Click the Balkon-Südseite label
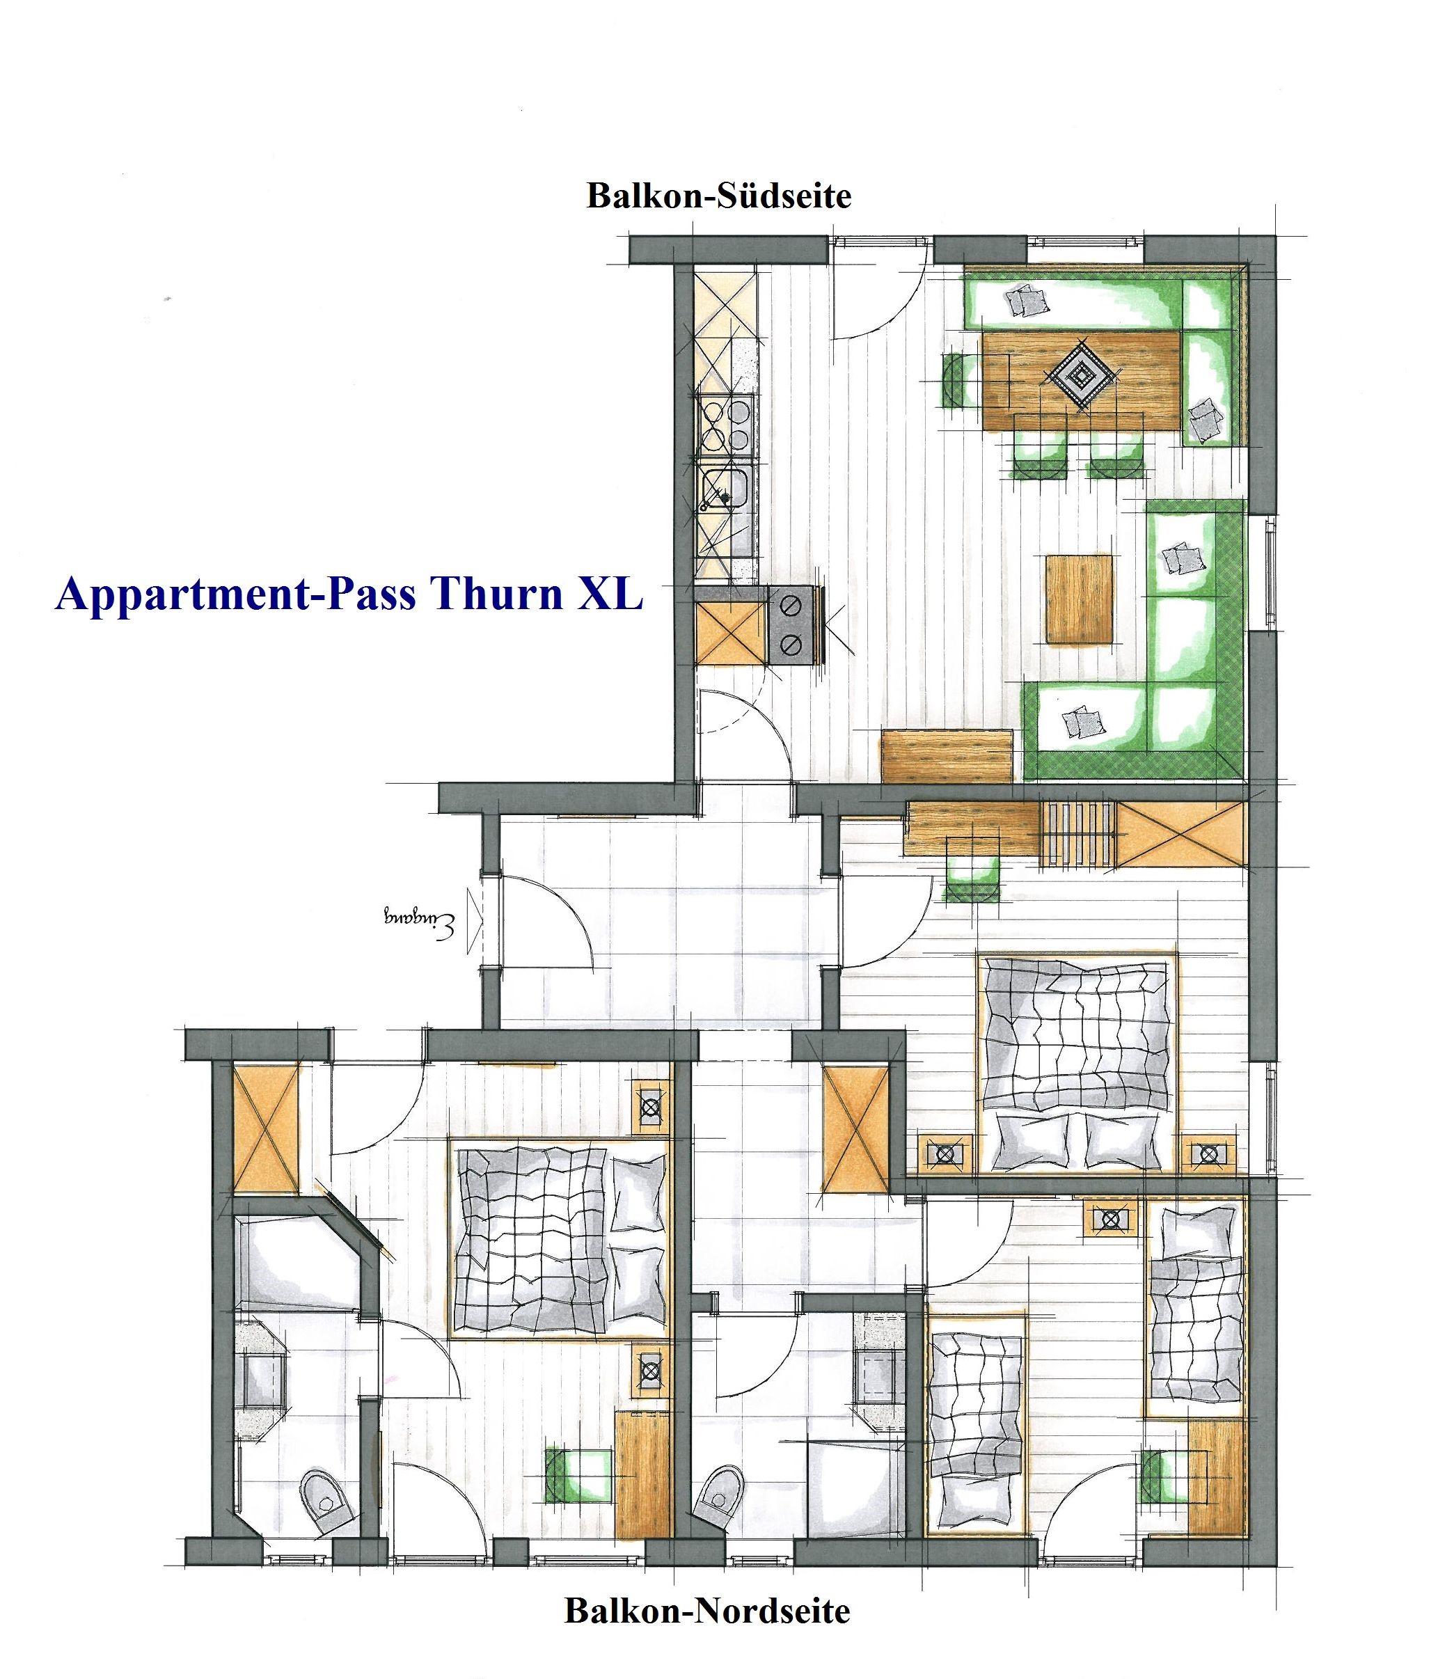(718, 197)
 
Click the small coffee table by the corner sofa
(1079, 599)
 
